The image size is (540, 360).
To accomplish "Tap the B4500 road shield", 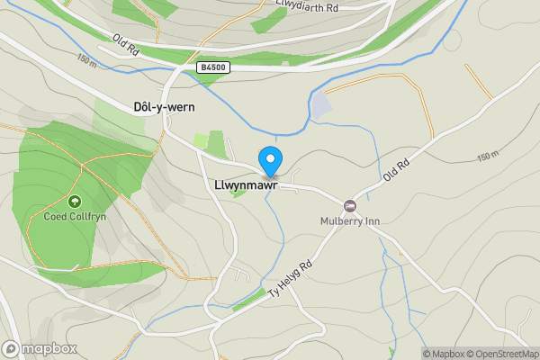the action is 212,67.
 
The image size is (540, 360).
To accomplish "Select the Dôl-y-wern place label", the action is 164,106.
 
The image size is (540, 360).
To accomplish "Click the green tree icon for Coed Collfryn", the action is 74,202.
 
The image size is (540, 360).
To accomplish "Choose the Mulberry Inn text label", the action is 349,220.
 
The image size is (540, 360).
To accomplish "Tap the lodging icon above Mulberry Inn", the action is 349,206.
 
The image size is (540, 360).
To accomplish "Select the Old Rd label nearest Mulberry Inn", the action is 396,171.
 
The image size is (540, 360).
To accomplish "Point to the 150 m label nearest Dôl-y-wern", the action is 86,60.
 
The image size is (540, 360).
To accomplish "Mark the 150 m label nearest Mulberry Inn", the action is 487,157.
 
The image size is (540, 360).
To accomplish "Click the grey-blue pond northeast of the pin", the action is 320,106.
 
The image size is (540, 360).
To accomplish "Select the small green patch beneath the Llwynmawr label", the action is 237,192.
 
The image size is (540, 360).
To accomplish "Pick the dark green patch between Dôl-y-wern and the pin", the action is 216,144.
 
